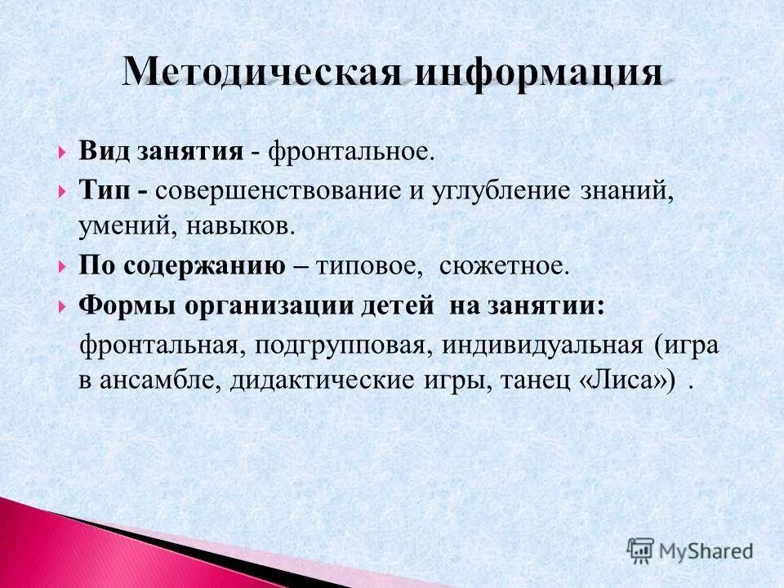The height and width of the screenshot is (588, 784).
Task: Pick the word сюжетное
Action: [x=503, y=265]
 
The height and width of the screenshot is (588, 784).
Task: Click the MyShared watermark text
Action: [x=707, y=550]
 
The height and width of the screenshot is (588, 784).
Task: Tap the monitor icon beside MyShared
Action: [x=641, y=550]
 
